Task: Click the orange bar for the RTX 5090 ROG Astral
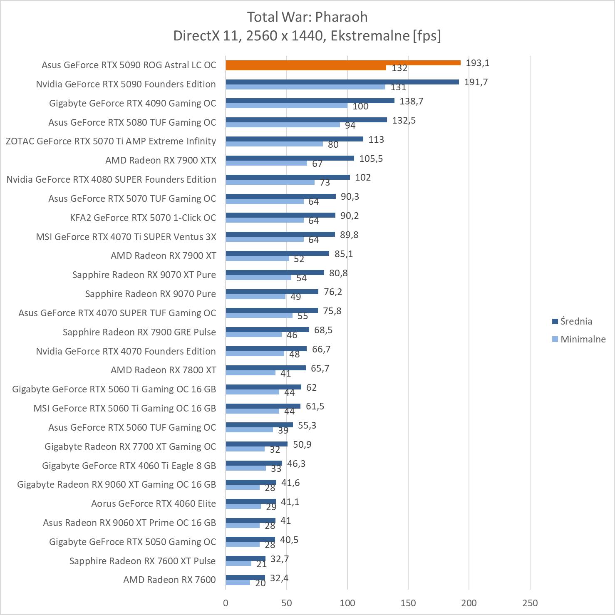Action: tap(343, 63)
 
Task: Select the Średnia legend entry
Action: tap(576, 321)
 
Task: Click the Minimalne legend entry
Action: tap(583, 339)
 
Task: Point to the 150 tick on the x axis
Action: tap(408, 603)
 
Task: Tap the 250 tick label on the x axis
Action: tap(530, 603)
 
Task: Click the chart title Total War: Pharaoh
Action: tap(307, 17)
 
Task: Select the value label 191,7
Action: tap(476, 82)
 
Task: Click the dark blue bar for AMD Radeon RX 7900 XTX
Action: tap(290, 158)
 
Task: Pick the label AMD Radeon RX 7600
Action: tap(169, 580)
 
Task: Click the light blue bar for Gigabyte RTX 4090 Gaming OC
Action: tap(286, 106)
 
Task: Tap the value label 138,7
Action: tap(411, 101)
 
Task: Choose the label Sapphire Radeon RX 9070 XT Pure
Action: tap(144, 275)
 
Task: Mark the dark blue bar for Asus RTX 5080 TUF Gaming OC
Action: tap(306, 120)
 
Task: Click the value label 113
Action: tap(376, 139)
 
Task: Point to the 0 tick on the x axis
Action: tap(226, 603)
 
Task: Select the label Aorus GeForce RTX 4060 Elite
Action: tap(154, 503)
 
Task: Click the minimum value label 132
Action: tap(399, 68)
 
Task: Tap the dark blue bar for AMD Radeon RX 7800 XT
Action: tap(265, 368)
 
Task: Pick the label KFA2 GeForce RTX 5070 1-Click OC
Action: tap(143, 218)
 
